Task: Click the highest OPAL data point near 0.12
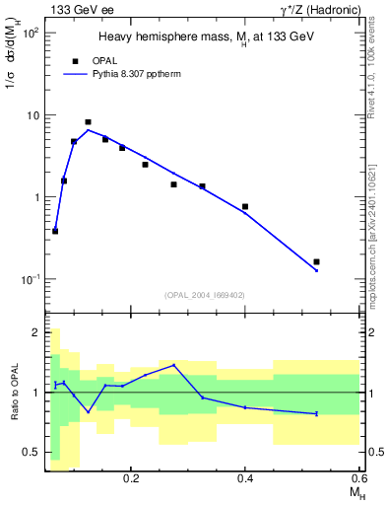click(89, 122)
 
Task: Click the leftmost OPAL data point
click(55, 231)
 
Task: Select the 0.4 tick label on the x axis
click(245, 477)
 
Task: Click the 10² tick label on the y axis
click(32, 33)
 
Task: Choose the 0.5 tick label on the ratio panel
click(31, 452)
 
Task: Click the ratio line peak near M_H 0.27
click(174, 365)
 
